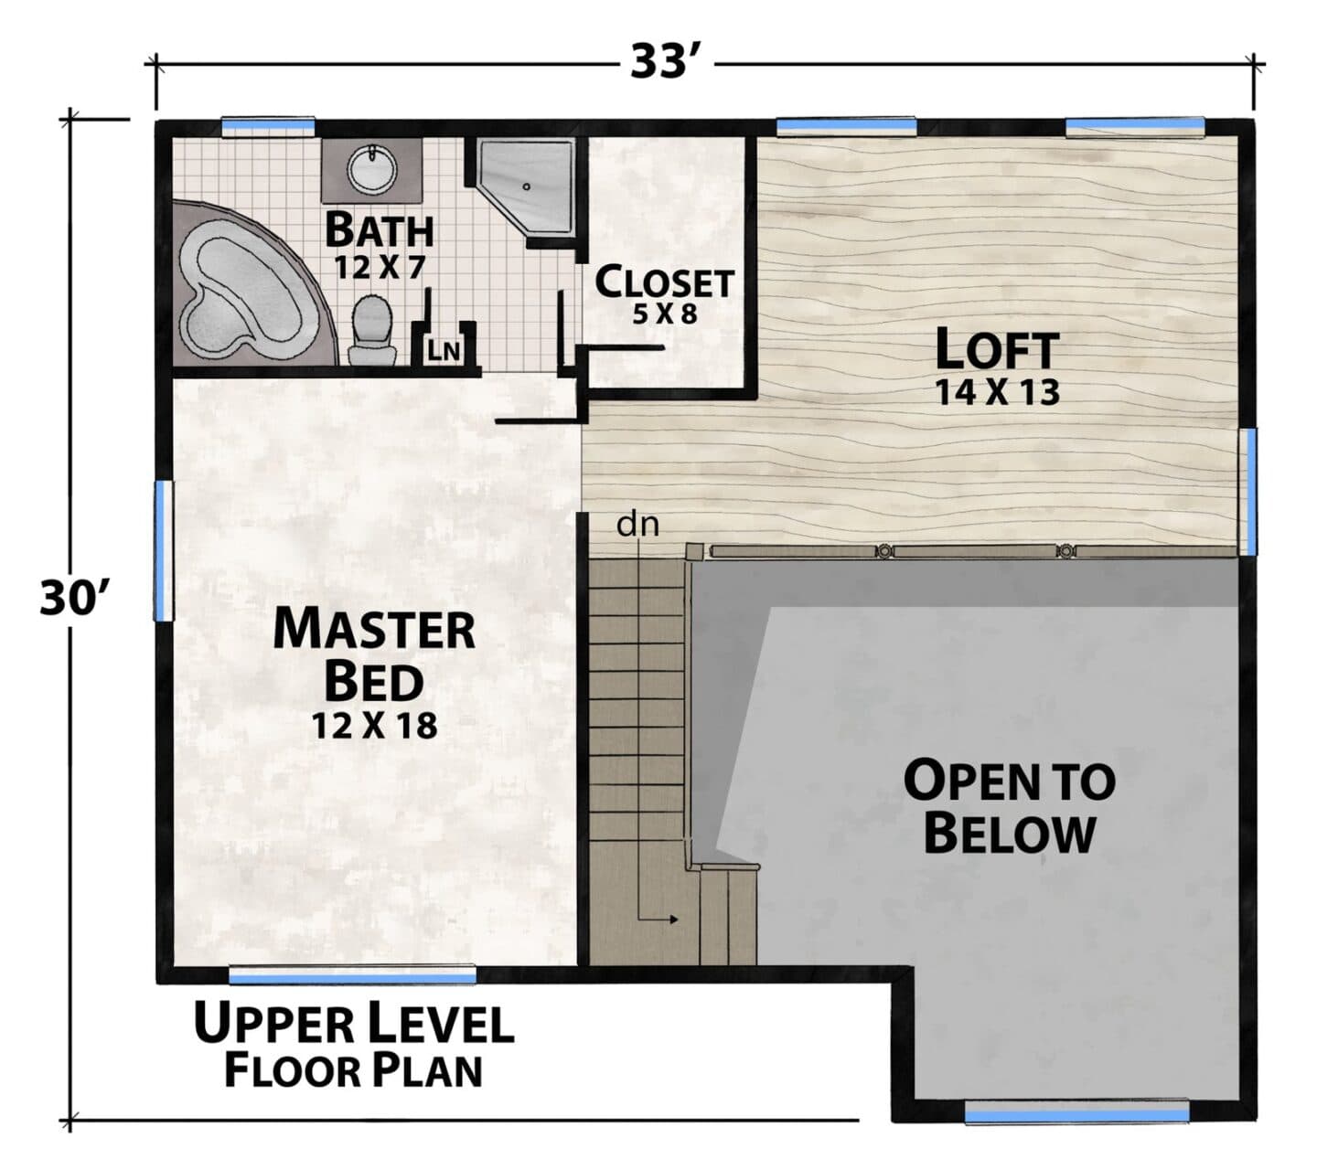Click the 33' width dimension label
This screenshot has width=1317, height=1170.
click(x=664, y=63)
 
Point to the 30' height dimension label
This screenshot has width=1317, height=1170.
click(x=70, y=597)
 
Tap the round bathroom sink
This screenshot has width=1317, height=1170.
click(x=371, y=170)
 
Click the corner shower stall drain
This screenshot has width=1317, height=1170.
click(x=527, y=186)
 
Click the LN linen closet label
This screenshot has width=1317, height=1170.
click(x=444, y=351)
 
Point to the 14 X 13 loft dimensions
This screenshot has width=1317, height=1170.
click(x=997, y=392)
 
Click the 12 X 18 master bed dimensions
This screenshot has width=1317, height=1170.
click(x=374, y=726)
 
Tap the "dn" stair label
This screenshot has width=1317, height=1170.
click(x=637, y=525)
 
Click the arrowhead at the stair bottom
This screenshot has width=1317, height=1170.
click(x=673, y=920)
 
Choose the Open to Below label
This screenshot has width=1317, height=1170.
click(x=1010, y=807)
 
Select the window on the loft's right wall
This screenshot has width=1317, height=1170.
click(x=1247, y=491)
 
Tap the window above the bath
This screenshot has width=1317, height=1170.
click(x=268, y=127)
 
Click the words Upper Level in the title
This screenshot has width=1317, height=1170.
click(x=354, y=1023)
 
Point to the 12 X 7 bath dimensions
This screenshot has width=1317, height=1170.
click(x=380, y=267)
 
